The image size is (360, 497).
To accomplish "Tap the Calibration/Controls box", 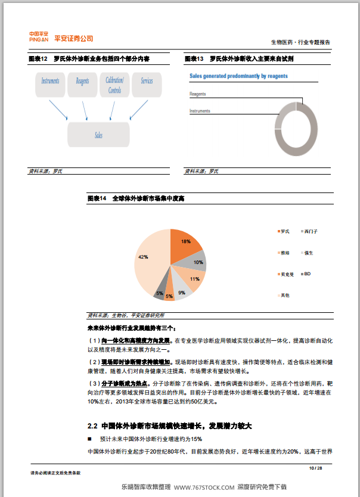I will point(114,85).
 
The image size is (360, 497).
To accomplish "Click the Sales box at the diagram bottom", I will point(98,135).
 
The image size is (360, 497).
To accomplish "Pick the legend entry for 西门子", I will point(310,231).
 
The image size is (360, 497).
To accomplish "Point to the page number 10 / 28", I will point(315,468).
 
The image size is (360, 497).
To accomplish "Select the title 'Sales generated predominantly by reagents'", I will point(238,76).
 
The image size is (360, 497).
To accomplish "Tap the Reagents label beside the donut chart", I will point(198,94).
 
